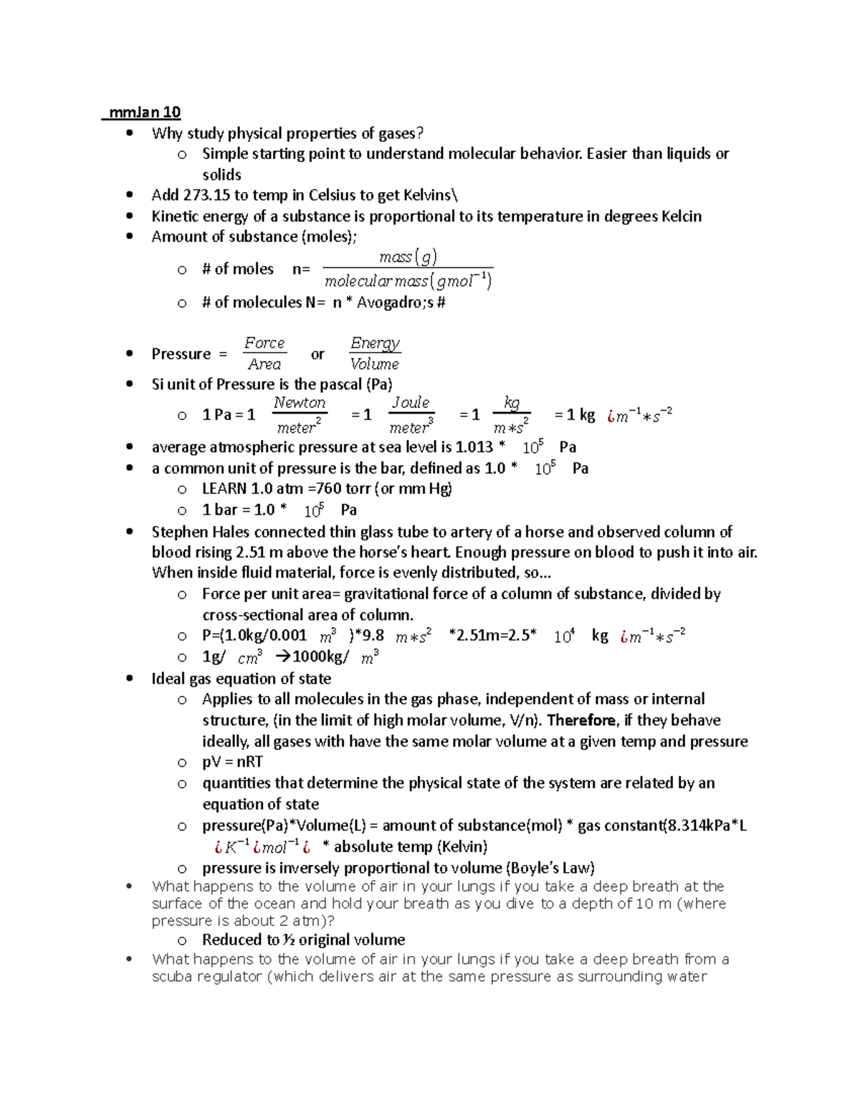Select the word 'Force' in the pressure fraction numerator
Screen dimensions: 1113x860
[x=264, y=343]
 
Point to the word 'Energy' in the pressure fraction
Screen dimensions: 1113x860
[x=375, y=343]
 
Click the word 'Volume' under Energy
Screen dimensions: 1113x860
[x=374, y=364]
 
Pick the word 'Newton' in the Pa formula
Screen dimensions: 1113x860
[x=300, y=403]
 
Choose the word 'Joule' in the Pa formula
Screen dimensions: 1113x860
[x=410, y=403]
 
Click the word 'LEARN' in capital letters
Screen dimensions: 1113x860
[x=224, y=489]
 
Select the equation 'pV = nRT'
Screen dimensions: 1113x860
[x=232, y=762]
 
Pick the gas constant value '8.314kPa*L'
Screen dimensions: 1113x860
[x=706, y=826]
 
